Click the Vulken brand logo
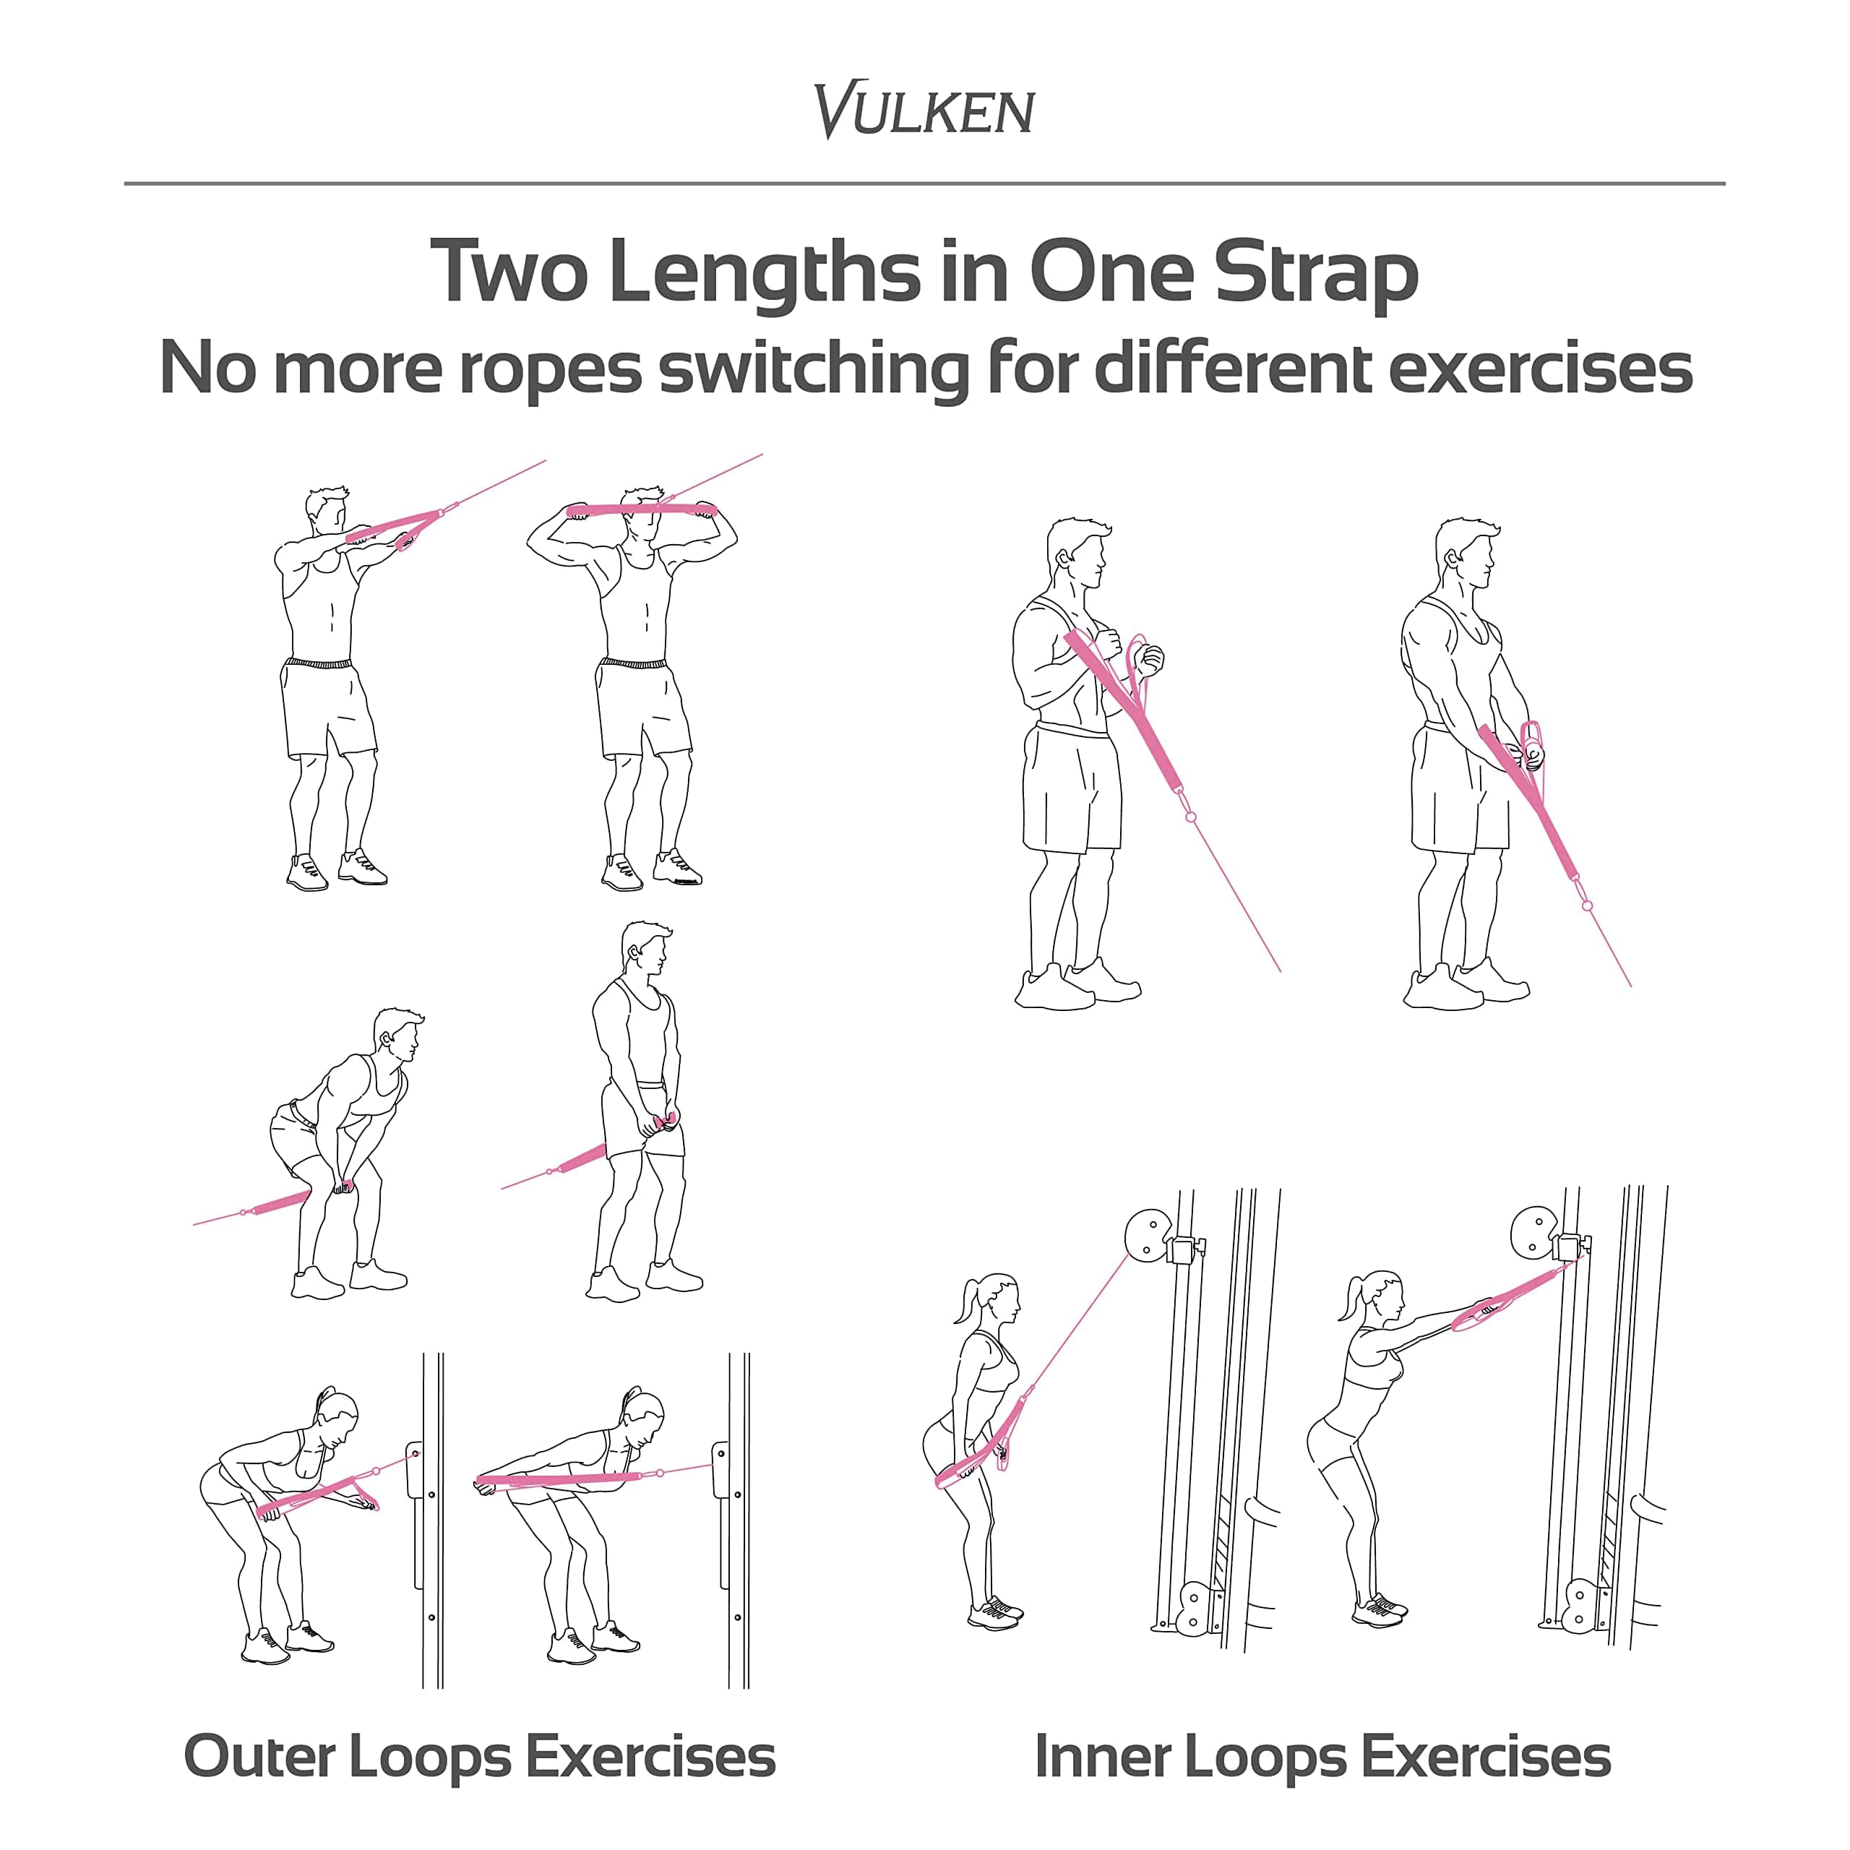click(x=924, y=110)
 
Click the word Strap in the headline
click(x=1316, y=273)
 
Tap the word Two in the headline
click(x=509, y=271)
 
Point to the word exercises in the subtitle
click(x=1541, y=369)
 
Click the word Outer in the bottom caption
click(x=259, y=1757)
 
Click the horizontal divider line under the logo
click(x=924, y=183)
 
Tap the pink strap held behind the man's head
click(x=642, y=509)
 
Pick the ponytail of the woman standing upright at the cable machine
click(x=964, y=1299)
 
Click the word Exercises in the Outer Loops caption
click(x=650, y=1757)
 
